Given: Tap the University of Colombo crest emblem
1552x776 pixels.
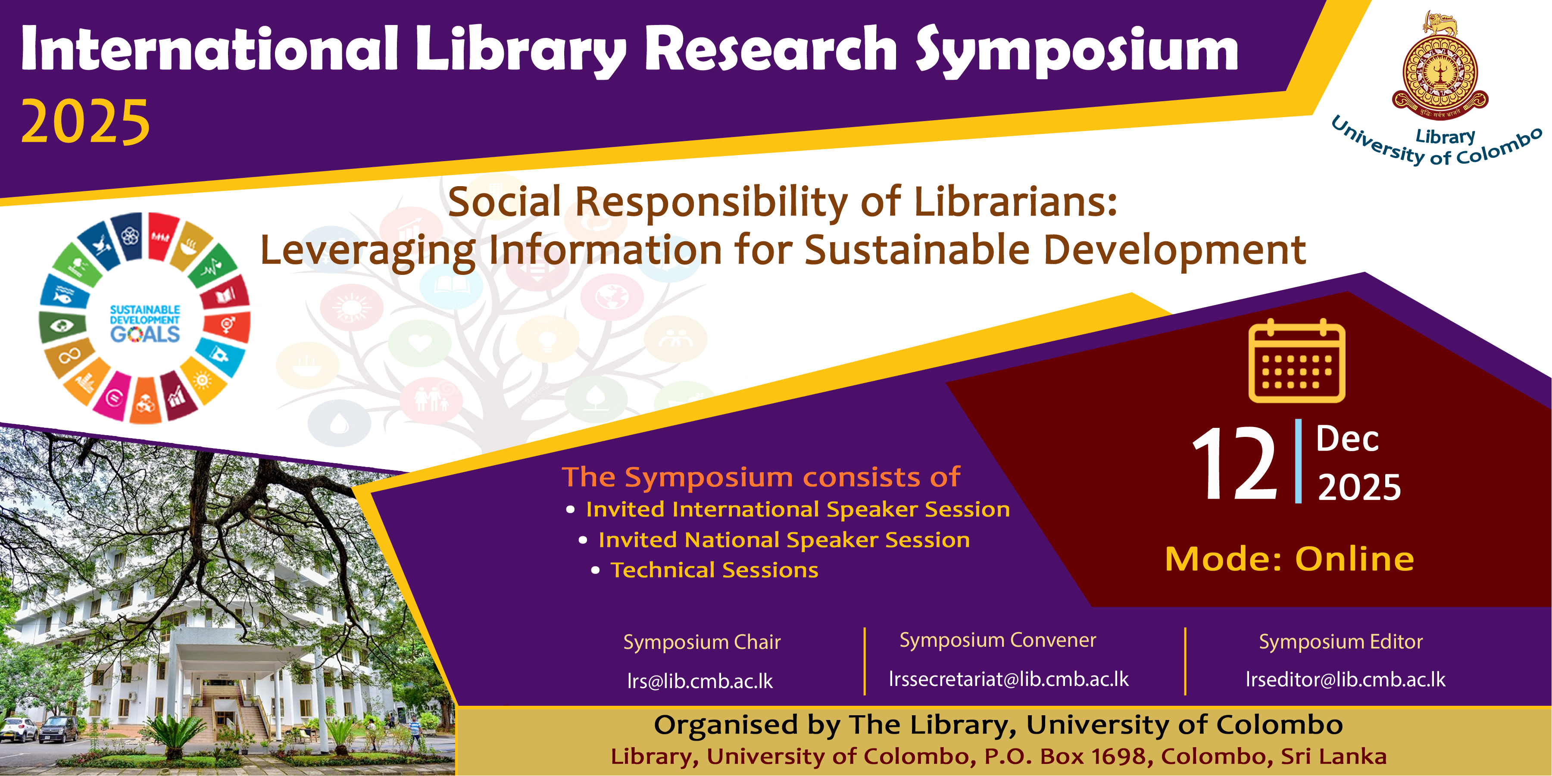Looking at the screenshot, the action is click(1440, 66).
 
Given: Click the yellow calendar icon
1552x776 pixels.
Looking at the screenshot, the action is click(1296, 360).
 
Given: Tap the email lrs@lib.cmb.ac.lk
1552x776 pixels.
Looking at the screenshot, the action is click(700, 681).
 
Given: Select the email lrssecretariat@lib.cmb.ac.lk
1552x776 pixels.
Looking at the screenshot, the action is click(1009, 679).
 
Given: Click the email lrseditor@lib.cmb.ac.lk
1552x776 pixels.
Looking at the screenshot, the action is click(1346, 679).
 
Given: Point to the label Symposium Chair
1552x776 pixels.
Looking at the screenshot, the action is click(702, 642).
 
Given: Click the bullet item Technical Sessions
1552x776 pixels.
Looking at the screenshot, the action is click(715, 570).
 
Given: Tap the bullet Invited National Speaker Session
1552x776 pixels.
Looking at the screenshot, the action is click(784, 540).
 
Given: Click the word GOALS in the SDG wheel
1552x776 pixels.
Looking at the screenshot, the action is click(145, 334).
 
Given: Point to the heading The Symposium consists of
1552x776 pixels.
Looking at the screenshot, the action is click(761, 477).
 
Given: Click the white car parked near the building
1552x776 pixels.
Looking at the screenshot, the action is click(18, 730).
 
